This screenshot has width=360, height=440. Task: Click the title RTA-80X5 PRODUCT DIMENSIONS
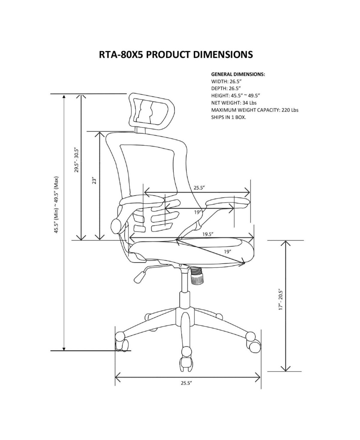click(176, 55)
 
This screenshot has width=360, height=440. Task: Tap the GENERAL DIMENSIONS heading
click(238, 74)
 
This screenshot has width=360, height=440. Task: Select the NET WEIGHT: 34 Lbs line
click(234, 103)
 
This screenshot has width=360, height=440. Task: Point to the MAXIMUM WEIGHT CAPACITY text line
click(255, 110)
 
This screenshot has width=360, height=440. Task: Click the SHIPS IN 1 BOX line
click(229, 117)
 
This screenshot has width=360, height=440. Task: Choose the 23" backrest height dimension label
click(94, 181)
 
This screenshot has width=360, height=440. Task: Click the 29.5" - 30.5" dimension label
click(76, 160)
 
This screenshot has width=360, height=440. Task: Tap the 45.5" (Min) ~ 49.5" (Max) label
click(56, 205)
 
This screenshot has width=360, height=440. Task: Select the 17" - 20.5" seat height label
click(280, 300)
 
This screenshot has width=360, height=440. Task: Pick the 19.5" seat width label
click(208, 234)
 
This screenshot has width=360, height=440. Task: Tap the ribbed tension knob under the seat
click(196, 276)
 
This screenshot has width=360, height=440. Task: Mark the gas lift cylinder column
click(184, 289)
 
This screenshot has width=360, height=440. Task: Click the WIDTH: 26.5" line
click(226, 81)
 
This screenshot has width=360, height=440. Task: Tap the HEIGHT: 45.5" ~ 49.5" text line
click(235, 96)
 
